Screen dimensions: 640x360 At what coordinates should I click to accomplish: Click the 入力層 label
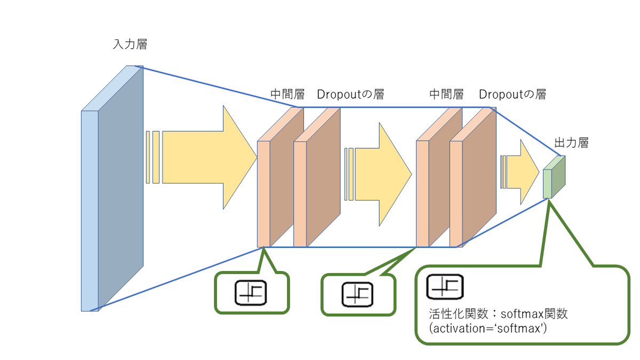coord(130,44)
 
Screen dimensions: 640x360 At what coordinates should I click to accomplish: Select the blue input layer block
coord(112,189)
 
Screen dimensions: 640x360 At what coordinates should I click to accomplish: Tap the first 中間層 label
coord(287,94)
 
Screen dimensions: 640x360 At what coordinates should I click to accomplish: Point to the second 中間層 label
coord(446,94)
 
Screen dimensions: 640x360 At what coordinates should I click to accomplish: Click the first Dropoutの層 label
coord(350,94)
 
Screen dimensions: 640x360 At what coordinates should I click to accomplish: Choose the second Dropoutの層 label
coord(513,94)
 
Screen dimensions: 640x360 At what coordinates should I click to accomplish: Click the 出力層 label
coord(571,143)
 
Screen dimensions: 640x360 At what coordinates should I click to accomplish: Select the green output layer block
coord(554,177)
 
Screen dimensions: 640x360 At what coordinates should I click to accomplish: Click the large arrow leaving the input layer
coord(202,157)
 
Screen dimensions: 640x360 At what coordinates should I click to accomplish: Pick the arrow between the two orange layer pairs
coord(378,174)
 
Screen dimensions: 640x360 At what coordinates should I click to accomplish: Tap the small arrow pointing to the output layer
coord(519,172)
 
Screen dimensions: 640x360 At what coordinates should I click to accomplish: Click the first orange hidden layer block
coord(281,177)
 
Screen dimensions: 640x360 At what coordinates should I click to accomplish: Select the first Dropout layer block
coord(317,177)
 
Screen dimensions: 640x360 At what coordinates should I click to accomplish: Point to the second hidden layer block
coord(439,177)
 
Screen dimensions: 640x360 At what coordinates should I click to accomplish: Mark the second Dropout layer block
coord(473,177)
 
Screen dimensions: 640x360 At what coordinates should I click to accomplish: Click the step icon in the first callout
coord(251,293)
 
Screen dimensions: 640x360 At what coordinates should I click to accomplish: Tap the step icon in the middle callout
coord(357,294)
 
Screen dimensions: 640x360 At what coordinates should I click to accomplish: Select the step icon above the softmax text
coord(445,287)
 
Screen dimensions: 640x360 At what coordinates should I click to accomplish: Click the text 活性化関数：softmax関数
coord(498,314)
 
